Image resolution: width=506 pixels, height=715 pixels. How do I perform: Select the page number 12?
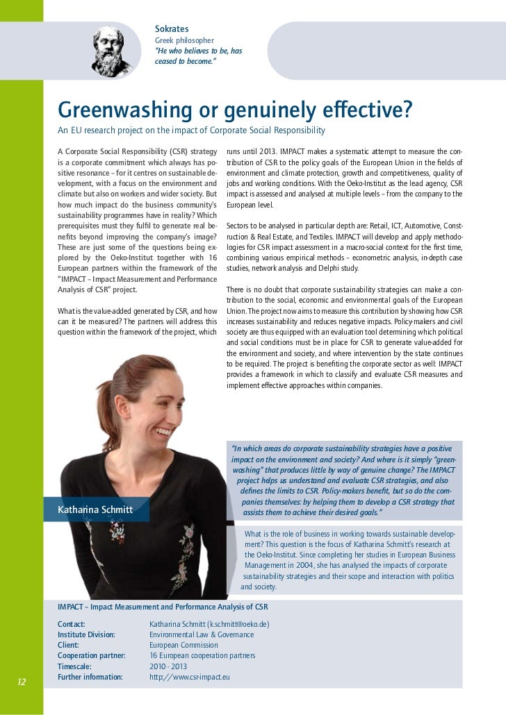(21, 682)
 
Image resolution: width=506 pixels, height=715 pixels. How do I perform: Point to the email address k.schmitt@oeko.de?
(235, 624)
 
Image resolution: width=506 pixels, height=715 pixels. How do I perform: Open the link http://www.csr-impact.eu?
(190, 676)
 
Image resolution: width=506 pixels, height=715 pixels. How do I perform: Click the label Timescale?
(74, 666)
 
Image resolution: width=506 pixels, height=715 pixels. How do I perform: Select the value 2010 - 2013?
(168, 666)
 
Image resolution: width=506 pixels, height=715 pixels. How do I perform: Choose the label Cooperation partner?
(92, 655)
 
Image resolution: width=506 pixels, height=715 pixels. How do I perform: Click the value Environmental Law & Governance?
(202, 634)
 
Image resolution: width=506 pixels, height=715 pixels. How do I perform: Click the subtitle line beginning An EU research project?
(191, 131)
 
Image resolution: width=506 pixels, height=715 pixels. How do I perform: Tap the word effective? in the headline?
(366, 110)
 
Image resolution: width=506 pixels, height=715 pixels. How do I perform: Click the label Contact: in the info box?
(72, 624)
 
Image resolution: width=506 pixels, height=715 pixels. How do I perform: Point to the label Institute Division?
(86, 634)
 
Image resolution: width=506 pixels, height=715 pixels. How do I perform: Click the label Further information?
(90, 676)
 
